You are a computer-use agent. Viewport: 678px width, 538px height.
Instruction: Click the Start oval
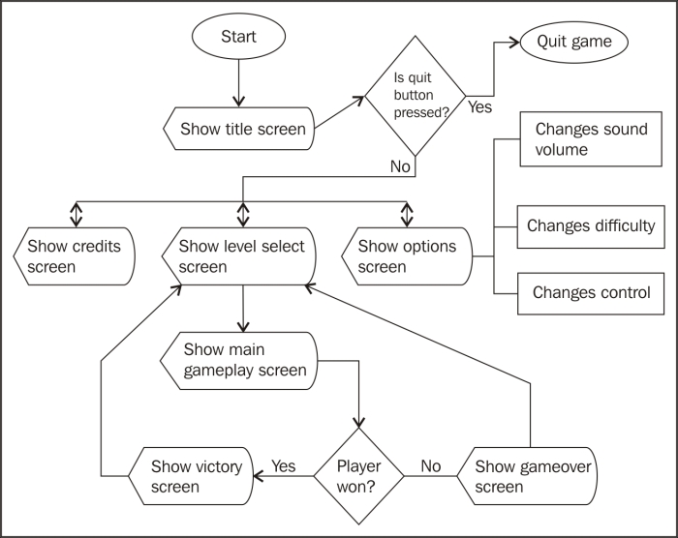(x=239, y=39)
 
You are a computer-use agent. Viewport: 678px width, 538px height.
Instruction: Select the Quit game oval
(x=574, y=43)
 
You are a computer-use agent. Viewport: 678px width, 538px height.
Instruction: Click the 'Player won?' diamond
(x=358, y=475)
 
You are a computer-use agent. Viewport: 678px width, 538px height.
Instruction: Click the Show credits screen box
(x=74, y=256)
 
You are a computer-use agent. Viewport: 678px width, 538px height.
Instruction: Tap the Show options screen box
(x=407, y=256)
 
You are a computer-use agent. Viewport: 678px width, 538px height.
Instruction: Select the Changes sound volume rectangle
(x=591, y=139)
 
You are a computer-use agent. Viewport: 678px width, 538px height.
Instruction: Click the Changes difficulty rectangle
(x=591, y=226)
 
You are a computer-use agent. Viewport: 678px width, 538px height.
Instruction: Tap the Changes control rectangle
(x=591, y=293)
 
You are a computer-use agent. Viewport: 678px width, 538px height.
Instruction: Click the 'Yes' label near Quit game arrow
(x=479, y=107)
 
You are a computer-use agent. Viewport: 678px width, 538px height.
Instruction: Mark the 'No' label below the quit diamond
(x=400, y=166)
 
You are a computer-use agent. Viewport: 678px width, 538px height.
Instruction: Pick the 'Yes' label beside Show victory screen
(x=284, y=466)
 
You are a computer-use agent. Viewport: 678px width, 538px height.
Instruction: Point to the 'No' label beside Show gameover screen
(x=430, y=466)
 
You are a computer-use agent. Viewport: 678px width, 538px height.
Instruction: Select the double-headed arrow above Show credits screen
(x=75, y=211)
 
